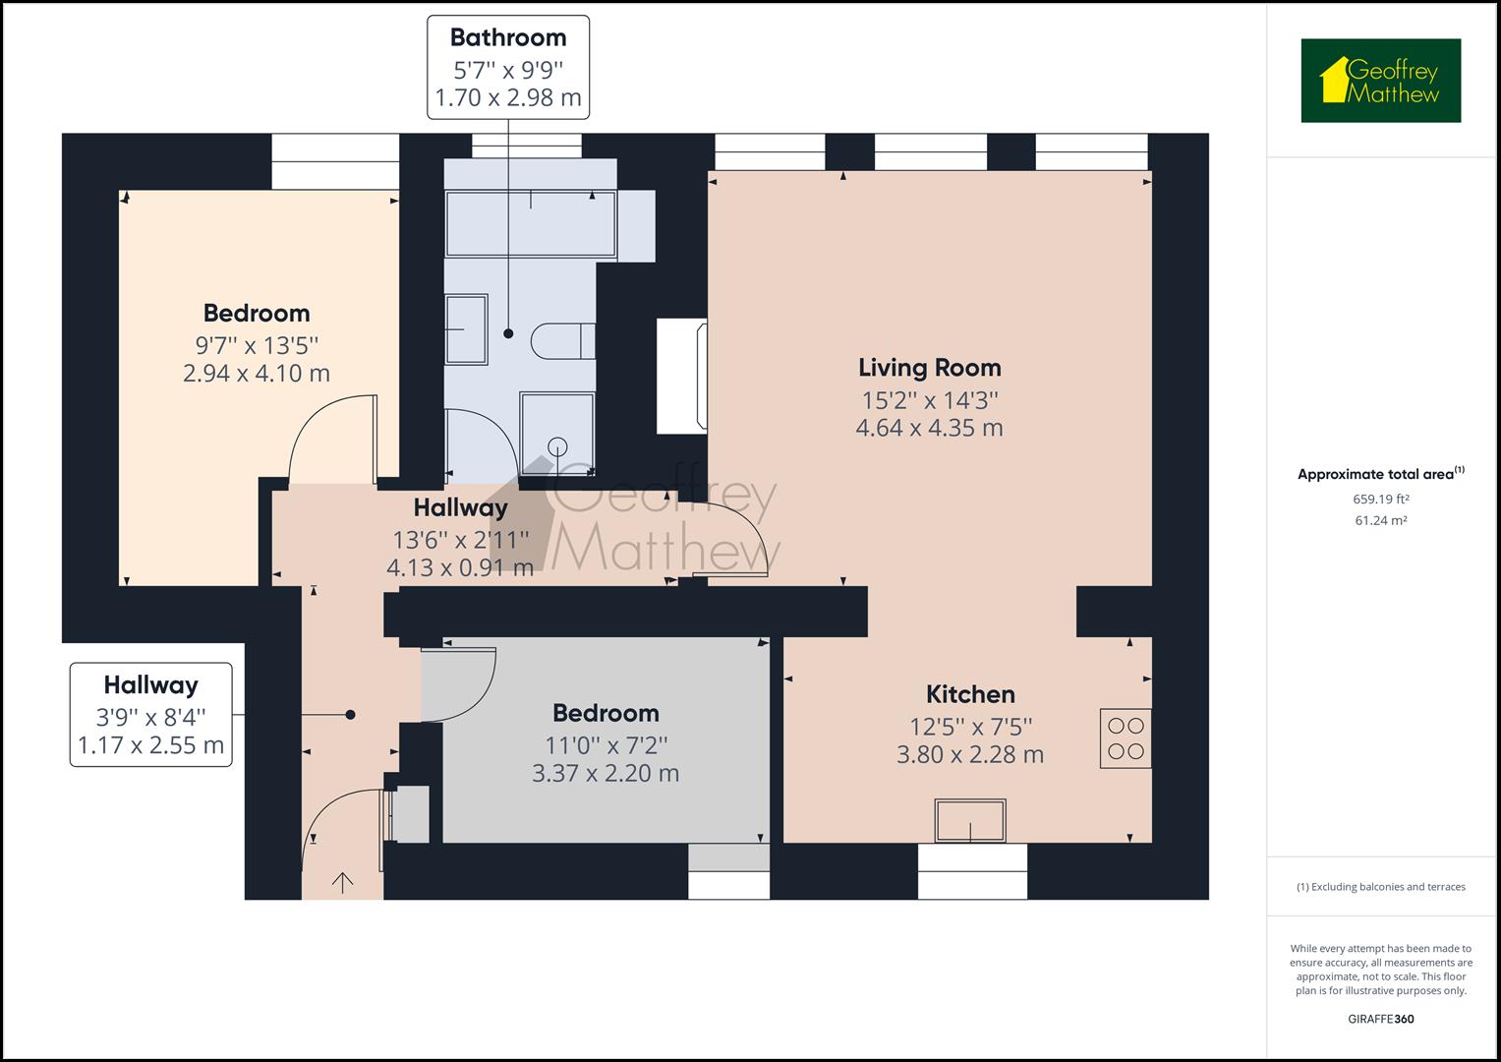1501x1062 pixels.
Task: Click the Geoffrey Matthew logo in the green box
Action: coord(1381,81)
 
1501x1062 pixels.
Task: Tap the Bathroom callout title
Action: coord(508,37)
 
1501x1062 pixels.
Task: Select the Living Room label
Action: coord(930,368)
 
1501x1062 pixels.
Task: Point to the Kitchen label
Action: coord(970,694)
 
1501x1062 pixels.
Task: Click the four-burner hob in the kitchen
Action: coord(1126,738)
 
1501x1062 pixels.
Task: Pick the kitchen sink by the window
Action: coord(970,821)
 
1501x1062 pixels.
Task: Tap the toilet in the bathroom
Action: coord(563,341)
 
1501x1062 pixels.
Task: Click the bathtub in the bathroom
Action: coord(531,224)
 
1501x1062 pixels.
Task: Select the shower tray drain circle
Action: coord(557,446)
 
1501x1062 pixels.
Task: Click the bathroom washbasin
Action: coord(467,329)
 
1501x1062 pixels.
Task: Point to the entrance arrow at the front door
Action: coord(342,883)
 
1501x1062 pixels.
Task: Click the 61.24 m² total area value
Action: coord(1380,520)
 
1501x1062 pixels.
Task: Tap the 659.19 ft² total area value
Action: coord(1380,499)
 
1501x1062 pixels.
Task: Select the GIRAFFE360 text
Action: coord(1380,1019)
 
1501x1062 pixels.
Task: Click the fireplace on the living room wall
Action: coord(682,376)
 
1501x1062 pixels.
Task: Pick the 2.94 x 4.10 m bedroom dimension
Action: coord(257,374)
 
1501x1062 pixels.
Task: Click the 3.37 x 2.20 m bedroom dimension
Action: coord(606,774)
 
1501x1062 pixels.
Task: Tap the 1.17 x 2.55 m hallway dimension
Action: coord(150,745)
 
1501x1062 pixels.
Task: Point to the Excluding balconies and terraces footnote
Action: coord(1380,887)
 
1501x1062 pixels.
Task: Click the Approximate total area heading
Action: coord(1380,474)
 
